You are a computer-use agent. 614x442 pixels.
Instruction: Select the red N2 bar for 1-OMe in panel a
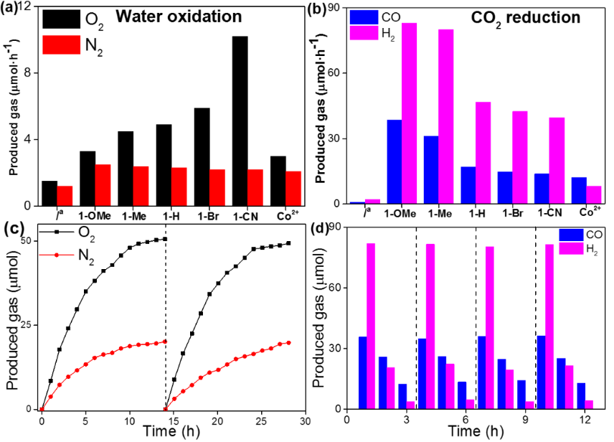[x=102, y=185]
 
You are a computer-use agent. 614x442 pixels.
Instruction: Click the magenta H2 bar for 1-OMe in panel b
[x=410, y=114]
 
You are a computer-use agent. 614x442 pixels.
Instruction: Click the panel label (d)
[x=321, y=230]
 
